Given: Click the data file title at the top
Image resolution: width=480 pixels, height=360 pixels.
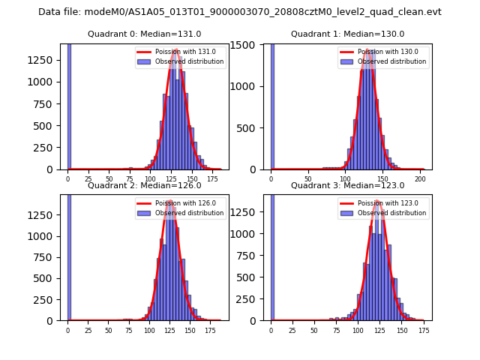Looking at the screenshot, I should coord(240,12).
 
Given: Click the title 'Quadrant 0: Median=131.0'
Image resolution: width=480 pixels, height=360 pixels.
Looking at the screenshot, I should coord(145,34).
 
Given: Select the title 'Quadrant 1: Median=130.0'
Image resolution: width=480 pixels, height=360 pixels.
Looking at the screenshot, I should coord(348,34).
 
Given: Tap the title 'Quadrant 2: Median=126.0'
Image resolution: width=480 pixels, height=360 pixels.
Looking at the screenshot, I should coord(145,185).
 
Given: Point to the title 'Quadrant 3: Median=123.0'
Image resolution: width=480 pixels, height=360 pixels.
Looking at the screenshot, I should coord(348,185).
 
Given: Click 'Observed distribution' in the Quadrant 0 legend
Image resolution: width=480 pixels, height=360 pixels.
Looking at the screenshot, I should coord(189,61).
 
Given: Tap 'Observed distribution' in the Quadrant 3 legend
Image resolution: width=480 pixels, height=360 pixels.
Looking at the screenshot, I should coord(392,213).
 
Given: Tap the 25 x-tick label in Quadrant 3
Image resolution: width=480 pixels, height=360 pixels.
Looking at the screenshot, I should coord(292,331).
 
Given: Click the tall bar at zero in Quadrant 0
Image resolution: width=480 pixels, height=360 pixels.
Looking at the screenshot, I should coord(69,105).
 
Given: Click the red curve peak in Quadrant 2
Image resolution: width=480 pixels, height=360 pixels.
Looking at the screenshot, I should coord(170,201).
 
